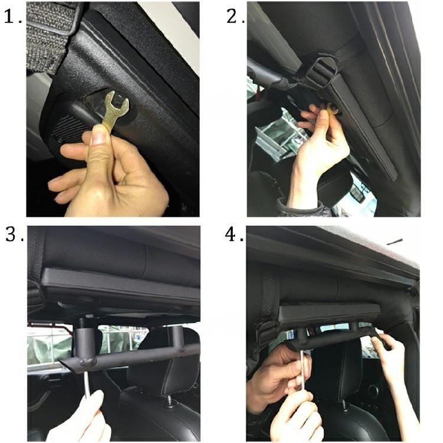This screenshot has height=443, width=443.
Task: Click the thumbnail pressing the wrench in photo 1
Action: [x=99, y=133]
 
